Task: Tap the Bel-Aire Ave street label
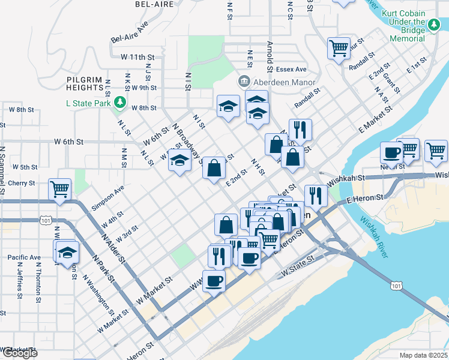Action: tap(130, 34)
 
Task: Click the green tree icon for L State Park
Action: tap(120, 103)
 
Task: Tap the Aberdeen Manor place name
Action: tap(282, 81)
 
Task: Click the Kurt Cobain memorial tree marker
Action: tap(433, 24)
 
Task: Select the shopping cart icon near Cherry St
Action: tap(59, 190)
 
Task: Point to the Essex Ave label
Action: tap(292, 70)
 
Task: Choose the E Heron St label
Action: tap(365, 199)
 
